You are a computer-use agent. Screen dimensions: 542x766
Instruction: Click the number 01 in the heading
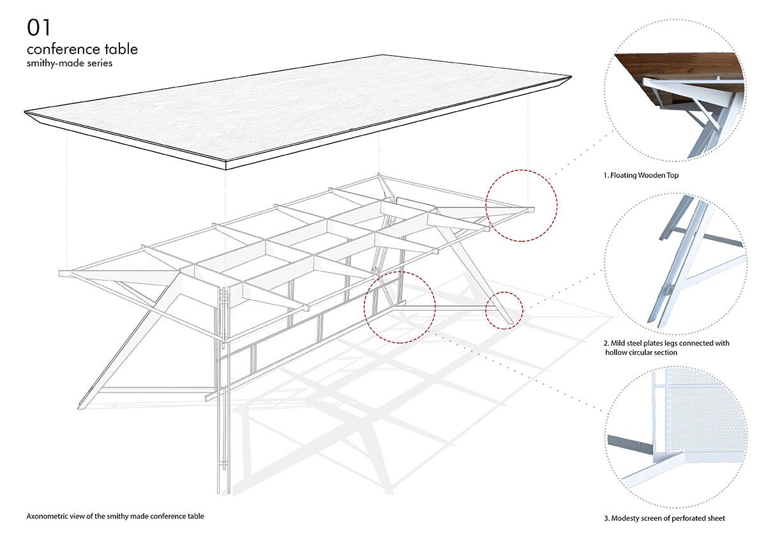(38, 27)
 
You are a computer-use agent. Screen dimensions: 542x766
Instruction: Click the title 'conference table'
(82, 49)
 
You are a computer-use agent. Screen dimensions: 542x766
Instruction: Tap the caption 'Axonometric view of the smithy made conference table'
(116, 516)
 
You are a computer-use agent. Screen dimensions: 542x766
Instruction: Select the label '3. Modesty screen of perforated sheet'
(664, 518)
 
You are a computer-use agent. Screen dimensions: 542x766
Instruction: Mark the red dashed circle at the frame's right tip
(522, 205)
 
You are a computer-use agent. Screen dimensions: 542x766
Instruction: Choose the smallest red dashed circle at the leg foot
(504, 310)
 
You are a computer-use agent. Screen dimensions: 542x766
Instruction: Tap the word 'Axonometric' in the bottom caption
(49, 516)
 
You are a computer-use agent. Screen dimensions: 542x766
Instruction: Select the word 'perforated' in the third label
(679, 518)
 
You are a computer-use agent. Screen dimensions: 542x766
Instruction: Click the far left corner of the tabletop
(26, 113)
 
